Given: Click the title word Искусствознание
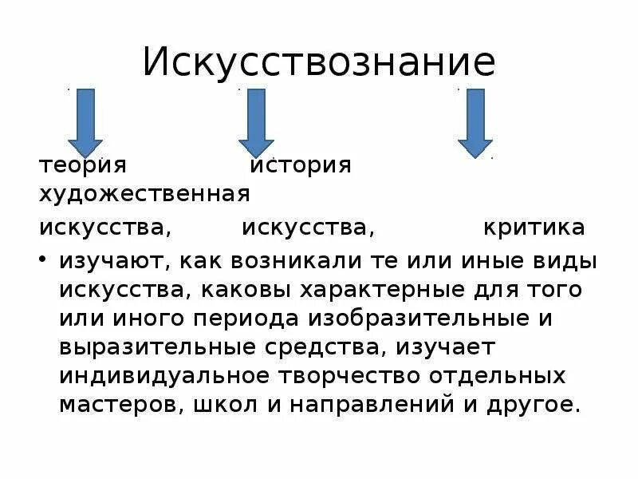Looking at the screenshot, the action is tap(319, 61).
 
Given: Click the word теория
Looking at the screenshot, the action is tap(84, 164).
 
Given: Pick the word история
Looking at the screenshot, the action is tap(301, 164).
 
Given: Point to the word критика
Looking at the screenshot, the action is tap(534, 228).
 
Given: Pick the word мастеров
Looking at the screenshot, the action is tap(119, 404).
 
